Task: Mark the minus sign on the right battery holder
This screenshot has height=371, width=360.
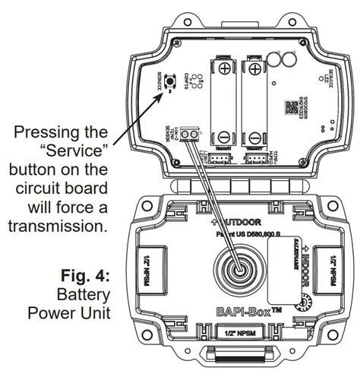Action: click(x=254, y=138)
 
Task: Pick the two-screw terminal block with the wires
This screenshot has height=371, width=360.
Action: click(x=193, y=135)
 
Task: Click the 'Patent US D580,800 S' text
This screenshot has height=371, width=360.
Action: click(x=246, y=236)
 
